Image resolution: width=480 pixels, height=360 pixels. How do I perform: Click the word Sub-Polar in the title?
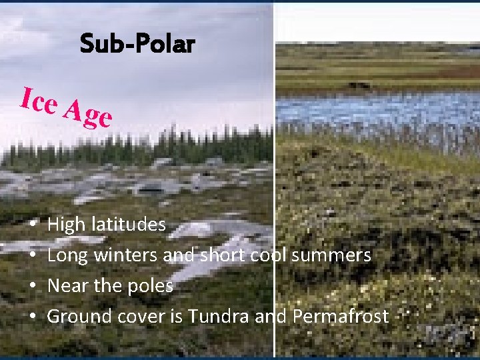[137, 44]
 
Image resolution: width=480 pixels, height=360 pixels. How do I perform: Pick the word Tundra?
[219, 316]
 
